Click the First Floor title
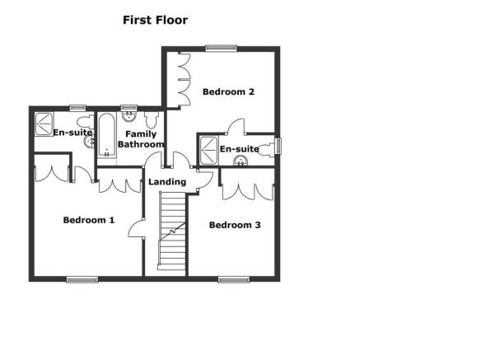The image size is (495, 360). (155, 20)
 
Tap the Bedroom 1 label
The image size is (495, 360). (89, 220)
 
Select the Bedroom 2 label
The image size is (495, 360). (228, 91)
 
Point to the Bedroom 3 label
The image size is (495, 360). (235, 225)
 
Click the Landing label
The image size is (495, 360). (167, 182)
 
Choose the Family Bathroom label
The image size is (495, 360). (141, 139)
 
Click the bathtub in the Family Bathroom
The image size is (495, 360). (107, 135)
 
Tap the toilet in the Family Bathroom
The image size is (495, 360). (152, 119)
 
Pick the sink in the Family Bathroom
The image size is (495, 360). (129, 116)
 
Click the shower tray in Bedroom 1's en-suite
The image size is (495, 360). (44, 124)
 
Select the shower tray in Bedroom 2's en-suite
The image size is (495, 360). (208, 151)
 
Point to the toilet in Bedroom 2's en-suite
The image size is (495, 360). (268, 150)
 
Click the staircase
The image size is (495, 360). (172, 231)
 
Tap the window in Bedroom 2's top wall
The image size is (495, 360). (221, 48)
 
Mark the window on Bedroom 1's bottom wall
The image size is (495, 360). (82, 279)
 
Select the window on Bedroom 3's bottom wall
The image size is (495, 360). (234, 279)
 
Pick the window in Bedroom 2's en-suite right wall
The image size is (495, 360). (278, 146)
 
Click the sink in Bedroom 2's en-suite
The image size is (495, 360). (240, 161)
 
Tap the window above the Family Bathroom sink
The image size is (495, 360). (129, 108)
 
